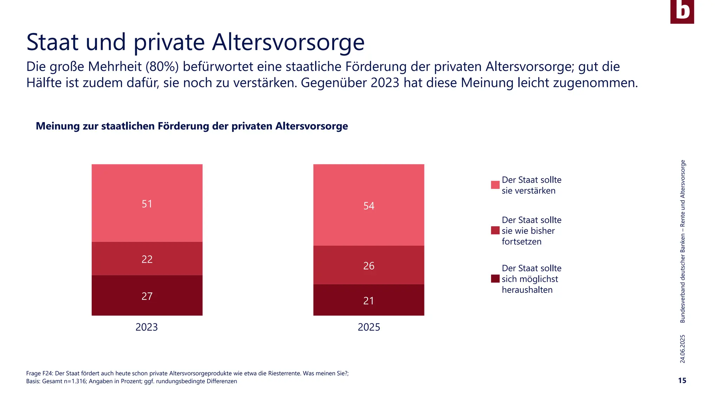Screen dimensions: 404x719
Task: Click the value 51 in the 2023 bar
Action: (147, 204)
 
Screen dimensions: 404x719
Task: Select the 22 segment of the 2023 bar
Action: (147, 259)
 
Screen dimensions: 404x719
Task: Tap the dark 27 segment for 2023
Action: (147, 296)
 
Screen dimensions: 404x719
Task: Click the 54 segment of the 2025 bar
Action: (369, 206)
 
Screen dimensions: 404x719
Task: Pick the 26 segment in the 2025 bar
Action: (369, 265)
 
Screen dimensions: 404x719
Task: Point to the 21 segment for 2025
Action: (369, 301)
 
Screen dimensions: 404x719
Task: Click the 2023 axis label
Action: (146, 327)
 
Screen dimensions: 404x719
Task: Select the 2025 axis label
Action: (369, 327)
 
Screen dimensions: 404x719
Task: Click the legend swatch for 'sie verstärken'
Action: (495, 185)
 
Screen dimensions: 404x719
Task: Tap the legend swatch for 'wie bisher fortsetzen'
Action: (495, 230)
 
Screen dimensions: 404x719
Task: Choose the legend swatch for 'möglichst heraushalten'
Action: (495, 279)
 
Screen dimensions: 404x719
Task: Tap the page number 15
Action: (682, 381)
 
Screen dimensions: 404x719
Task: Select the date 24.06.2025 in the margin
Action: (682, 349)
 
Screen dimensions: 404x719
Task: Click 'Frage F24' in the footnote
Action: (39, 373)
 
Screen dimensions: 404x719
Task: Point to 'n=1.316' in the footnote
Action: (75, 381)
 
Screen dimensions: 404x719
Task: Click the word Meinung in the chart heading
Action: (58, 126)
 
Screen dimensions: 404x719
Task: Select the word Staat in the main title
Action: (53, 42)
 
